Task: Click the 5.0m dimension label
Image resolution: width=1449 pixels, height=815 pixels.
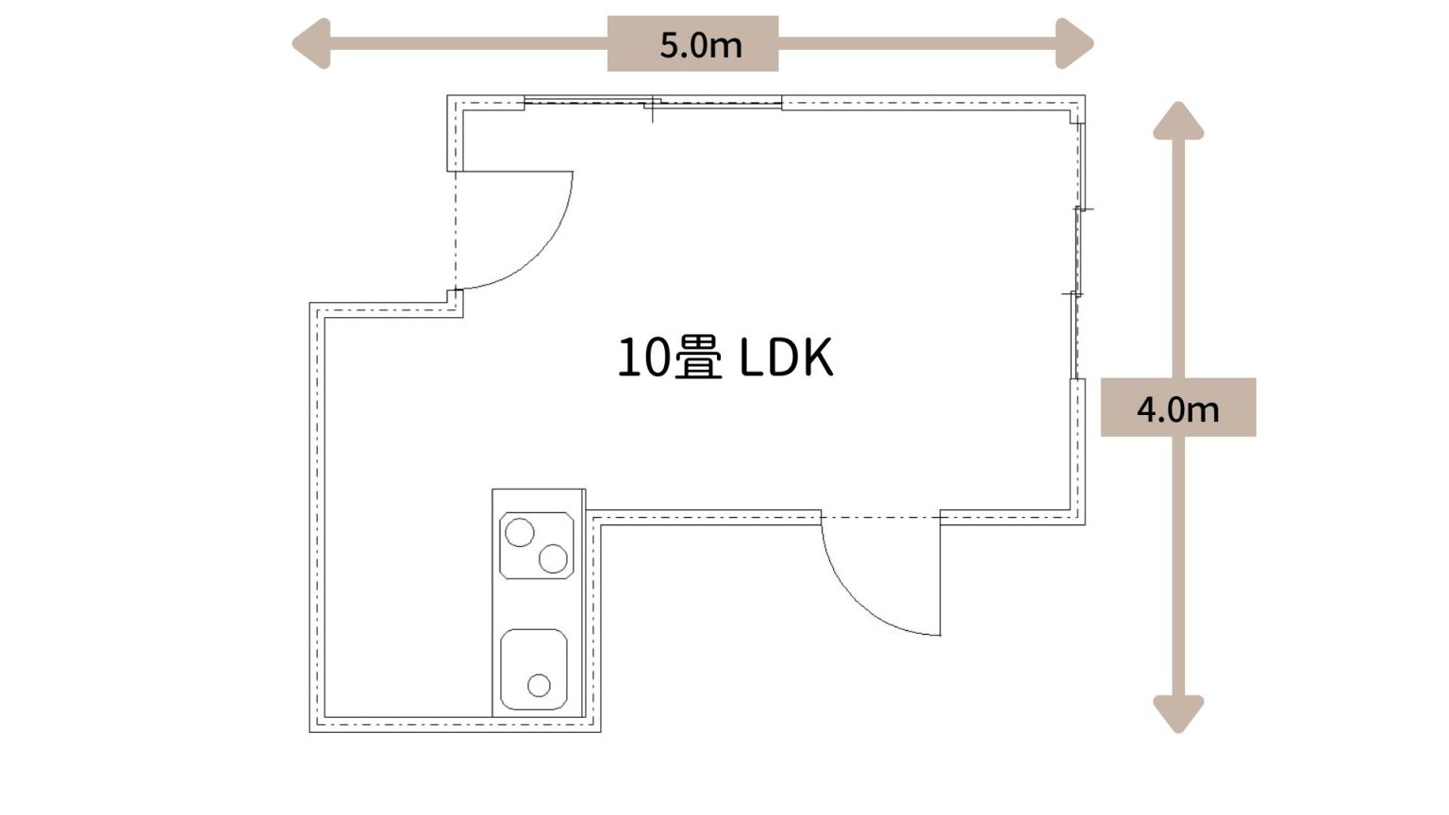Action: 701,45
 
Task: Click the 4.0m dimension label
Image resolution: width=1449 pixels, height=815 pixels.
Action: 1177,409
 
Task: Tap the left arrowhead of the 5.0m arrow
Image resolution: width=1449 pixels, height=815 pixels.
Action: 311,43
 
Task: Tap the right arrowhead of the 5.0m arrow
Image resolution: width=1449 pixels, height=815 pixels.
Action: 1074,43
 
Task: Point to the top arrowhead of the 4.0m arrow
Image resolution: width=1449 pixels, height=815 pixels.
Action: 1178,121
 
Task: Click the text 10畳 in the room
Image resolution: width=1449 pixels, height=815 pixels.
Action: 670,358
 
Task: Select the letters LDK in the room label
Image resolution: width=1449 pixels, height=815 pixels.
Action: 786,358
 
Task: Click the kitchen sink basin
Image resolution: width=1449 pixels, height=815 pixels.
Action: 534,670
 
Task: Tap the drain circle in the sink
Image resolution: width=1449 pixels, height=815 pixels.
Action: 539,685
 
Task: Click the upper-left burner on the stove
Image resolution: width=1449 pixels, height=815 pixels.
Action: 520,532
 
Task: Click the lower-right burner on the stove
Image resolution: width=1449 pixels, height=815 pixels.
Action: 553,558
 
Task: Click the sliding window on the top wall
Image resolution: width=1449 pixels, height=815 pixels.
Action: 653,102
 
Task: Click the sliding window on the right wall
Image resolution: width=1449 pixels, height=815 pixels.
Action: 1077,251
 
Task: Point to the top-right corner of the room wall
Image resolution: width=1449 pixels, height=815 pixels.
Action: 1085,95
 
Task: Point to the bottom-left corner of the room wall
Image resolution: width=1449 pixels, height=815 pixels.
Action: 309,732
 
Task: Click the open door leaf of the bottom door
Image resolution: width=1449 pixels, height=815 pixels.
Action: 940,577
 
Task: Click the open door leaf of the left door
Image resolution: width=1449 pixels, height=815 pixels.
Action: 514,172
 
